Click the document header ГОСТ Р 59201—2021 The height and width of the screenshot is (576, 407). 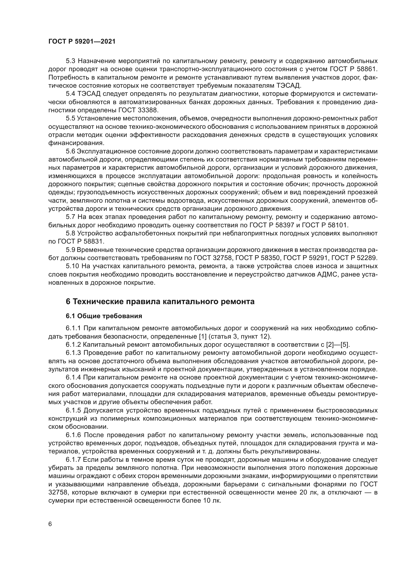coord(82,42)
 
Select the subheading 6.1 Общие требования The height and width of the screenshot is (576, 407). coord(104,316)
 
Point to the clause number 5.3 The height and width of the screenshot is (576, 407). coord(71,61)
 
